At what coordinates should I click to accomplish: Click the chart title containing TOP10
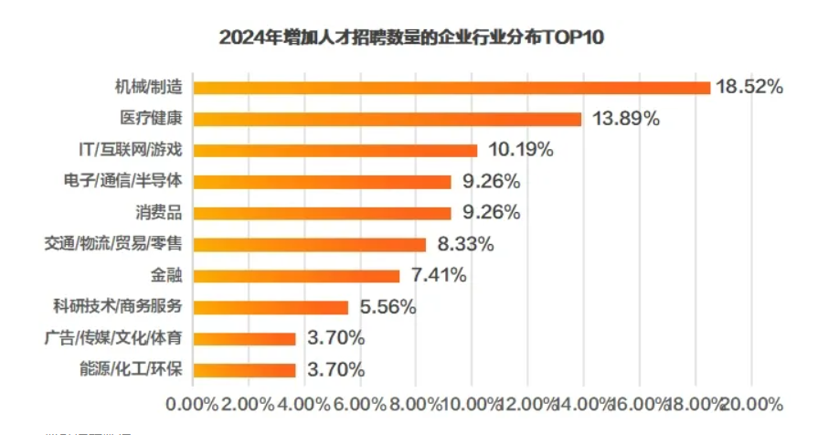413,38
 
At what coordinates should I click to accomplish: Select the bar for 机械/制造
451,88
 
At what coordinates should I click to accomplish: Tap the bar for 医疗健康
388,119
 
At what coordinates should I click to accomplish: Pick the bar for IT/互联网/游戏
335,150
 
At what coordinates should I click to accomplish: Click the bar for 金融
297,275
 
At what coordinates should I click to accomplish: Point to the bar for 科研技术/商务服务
271,307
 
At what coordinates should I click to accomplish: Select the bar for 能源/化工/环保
245,370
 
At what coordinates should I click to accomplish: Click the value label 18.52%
749,88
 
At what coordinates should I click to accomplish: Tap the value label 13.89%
621,119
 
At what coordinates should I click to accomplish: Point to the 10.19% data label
516,150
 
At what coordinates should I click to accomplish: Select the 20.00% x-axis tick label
752,403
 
